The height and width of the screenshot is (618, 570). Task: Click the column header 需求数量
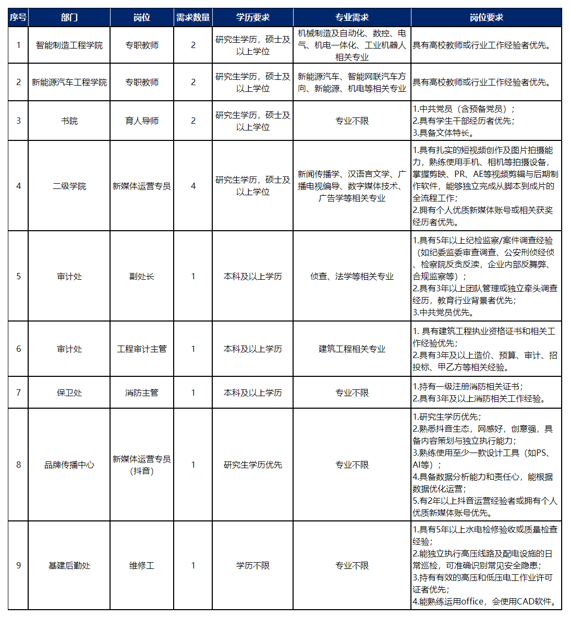pos(193,17)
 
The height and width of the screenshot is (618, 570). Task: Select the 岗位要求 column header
pos(486,17)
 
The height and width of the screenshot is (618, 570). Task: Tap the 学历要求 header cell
pos(252,17)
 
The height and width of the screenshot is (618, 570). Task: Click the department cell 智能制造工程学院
pos(69,45)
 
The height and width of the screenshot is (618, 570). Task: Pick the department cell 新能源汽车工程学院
pos(69,82)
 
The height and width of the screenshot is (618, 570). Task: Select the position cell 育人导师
pos(141,121)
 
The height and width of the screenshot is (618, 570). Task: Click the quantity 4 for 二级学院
pos(193,186)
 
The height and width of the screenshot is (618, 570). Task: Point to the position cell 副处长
pos(141,276)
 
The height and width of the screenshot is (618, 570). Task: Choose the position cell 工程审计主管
pos(141,349)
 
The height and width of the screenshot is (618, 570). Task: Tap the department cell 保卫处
pos(69,393)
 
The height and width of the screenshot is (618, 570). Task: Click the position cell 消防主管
pos(141,393)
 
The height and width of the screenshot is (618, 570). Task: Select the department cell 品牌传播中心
pos(69,465)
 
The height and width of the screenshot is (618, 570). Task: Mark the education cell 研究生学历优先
pos(252,465)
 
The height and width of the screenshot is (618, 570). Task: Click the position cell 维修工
pos(141,565)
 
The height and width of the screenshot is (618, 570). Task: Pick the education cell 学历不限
pos(252,565)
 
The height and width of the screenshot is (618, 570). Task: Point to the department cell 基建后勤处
pos(69,565)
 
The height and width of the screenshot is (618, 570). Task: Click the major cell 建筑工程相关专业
pos(352,349)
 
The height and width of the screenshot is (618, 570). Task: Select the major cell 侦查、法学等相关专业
pos(352,276)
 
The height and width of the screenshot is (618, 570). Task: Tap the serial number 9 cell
pos(19,565)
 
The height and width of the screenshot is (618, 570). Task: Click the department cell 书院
pos(69,121)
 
